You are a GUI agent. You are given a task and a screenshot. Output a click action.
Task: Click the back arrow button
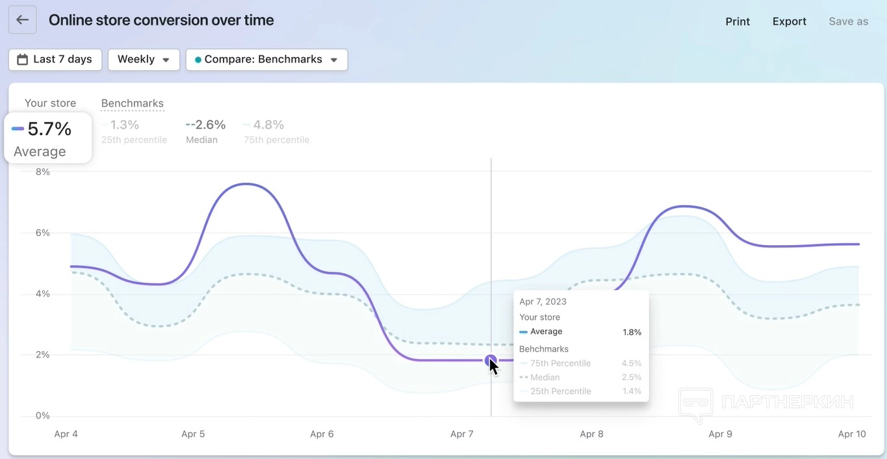22,20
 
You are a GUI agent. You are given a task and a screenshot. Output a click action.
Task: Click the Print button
738,21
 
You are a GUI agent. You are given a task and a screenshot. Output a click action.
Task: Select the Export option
789,21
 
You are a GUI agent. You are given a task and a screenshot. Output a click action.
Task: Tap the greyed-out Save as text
848,21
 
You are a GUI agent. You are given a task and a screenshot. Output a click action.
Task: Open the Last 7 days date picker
55,59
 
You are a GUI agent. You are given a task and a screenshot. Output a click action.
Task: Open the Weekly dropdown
144,59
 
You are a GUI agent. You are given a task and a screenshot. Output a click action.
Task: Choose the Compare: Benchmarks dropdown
266,59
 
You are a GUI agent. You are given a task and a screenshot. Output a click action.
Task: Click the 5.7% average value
49,129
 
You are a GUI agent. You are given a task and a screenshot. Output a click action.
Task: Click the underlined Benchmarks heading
133,103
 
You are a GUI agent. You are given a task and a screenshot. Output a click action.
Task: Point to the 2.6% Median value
206,124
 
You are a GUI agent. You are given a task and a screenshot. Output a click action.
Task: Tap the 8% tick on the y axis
42,172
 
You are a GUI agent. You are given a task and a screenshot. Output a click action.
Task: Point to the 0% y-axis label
42,415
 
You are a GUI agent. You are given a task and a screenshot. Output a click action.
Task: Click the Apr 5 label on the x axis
193,434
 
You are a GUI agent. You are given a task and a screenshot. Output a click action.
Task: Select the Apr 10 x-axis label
851,434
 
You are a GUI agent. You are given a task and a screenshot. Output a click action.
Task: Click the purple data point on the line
491,360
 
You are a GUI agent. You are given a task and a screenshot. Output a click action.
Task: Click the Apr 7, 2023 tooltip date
543,302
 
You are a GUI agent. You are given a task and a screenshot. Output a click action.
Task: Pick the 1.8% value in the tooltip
632,332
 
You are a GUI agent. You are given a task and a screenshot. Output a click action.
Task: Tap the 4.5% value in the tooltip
631,363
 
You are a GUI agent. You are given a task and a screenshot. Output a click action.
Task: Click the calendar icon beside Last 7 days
22,59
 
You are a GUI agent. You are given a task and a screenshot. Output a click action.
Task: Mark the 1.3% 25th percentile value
124,124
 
